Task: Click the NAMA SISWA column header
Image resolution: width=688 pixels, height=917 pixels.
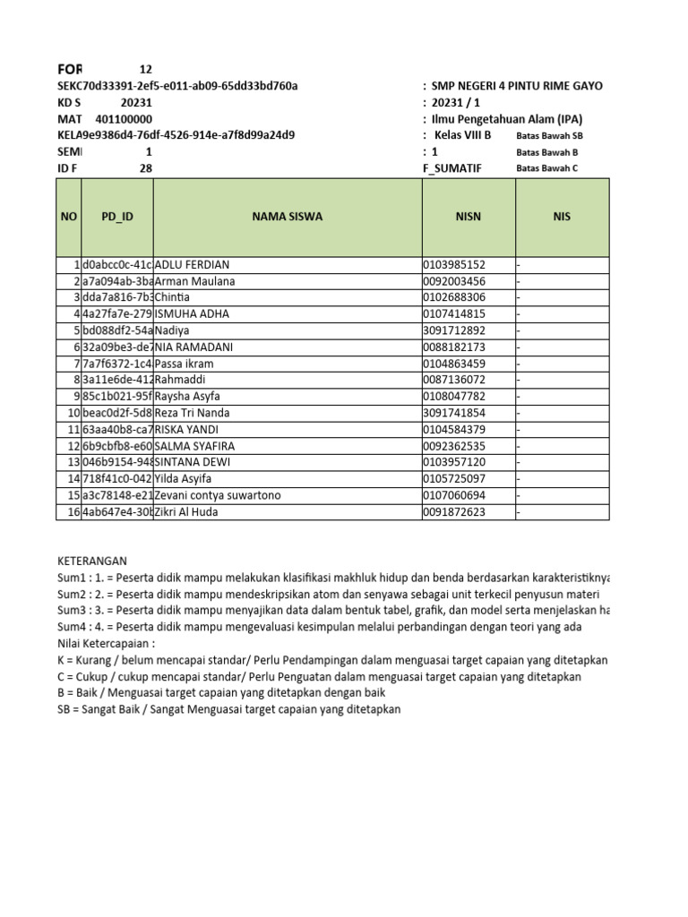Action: point(288,217)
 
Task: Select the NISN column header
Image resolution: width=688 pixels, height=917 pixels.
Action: point(469,217)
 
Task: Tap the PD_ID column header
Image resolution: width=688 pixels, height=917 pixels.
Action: point(116,217)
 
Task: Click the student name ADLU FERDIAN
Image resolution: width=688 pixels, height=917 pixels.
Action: point(193,265)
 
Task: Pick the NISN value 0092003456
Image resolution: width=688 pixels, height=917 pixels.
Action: point(454,281)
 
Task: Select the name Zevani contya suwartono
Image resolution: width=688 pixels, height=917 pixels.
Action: point(218,495)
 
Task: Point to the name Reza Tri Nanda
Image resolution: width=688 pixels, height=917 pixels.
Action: point(193,413)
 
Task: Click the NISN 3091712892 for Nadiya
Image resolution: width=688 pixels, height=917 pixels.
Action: point(454,330)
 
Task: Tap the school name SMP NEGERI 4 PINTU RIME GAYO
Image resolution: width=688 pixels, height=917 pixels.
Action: point(517,86)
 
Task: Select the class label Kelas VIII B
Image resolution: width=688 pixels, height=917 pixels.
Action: point(462,135)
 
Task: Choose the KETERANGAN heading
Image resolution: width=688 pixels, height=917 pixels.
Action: point(92,561)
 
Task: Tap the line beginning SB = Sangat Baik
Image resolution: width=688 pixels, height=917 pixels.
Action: point(229,709)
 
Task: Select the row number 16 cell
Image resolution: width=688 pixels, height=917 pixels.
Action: point(69,512)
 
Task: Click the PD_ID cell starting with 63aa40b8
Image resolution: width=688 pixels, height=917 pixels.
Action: point(117,430)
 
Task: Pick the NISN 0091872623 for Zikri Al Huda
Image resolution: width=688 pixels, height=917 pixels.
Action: point(454,512)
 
